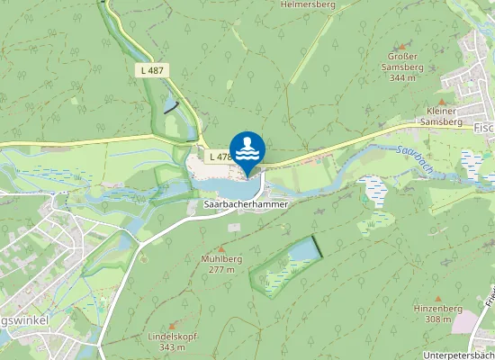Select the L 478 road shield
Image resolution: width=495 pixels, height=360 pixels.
(x=220, y=157)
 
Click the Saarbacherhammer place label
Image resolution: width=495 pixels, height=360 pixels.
(x=247, y=205)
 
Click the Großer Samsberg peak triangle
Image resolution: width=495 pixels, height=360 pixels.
(x=401, y=45)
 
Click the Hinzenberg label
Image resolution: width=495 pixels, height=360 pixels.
(x=438, y=308)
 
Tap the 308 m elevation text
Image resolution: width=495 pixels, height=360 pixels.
(x=438, y=319)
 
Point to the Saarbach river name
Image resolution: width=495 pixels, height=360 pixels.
(x=418, y=158)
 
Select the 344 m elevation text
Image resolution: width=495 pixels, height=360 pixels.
(x=402, y=78)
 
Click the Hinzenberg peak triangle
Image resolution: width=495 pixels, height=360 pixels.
(x=438, y=297)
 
